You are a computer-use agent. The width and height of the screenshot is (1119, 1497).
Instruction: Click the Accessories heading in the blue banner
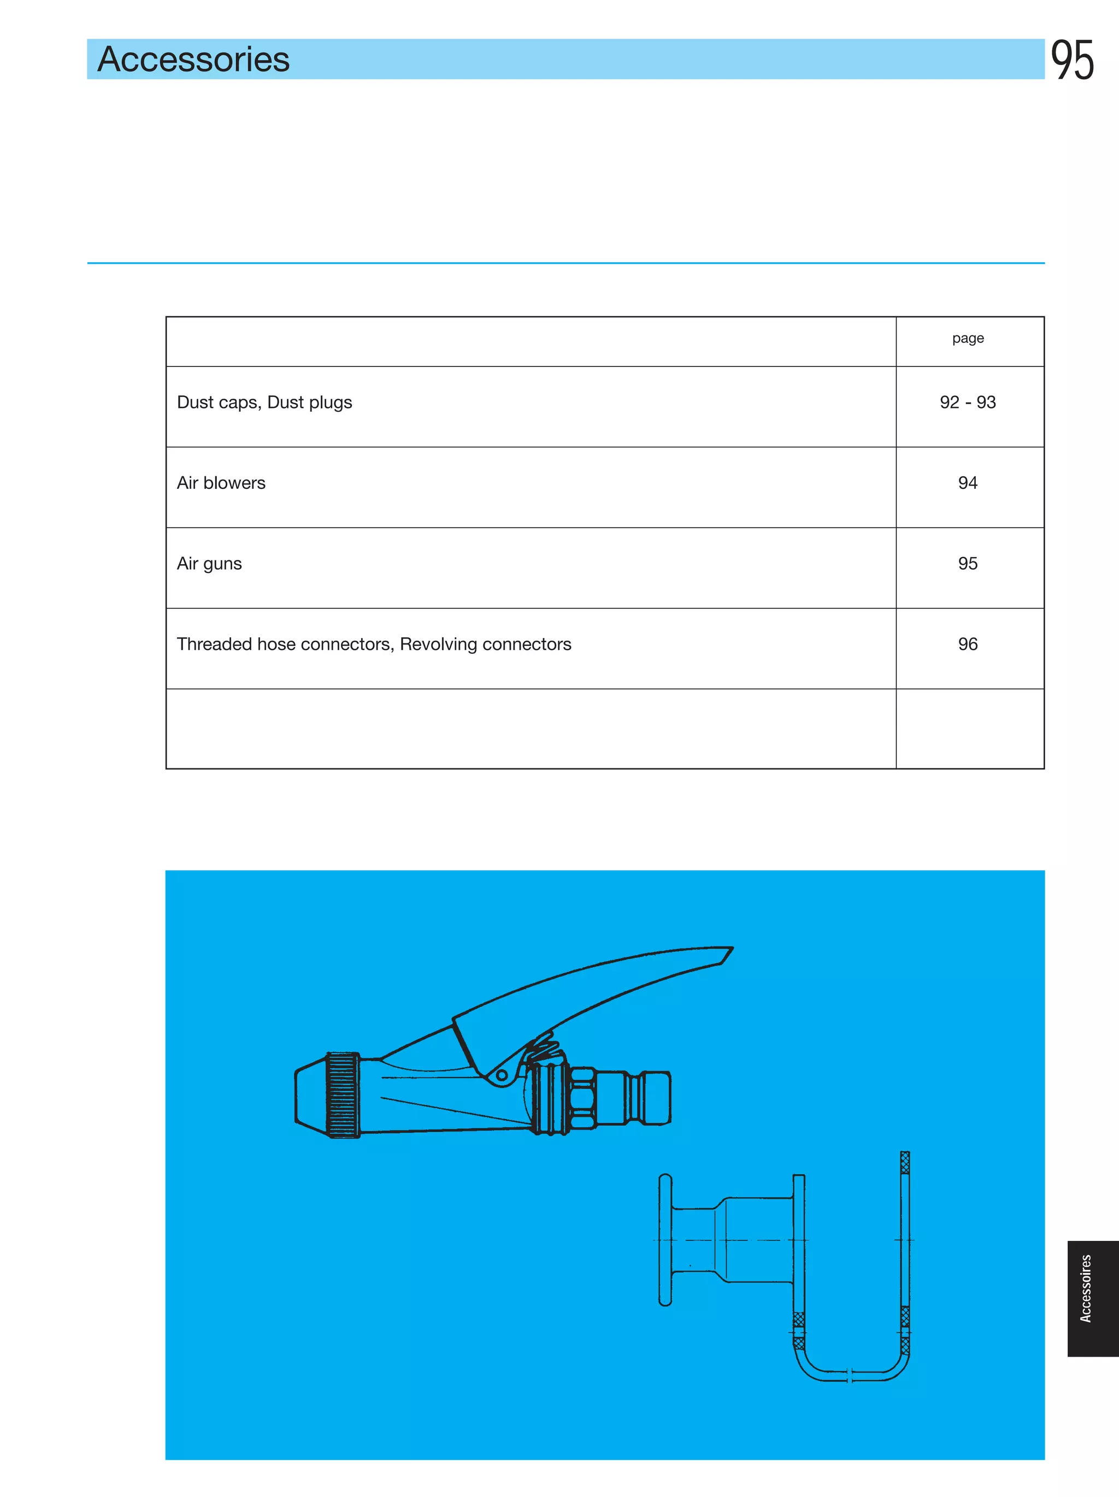coord(193,60)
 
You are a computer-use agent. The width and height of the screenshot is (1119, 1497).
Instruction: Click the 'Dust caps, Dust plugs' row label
coord(264,403)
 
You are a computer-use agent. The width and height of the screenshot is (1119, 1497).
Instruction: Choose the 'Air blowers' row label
coord(221,483)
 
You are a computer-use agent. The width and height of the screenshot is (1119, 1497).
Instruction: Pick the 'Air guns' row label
coord(209,564)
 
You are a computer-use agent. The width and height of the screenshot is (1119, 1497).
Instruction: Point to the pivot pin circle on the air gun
coord(502,1075)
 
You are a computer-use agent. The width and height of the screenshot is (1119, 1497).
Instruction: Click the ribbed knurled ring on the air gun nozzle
coord(343,1094)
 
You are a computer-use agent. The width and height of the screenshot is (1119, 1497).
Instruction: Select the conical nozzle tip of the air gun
coord(310,1094)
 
